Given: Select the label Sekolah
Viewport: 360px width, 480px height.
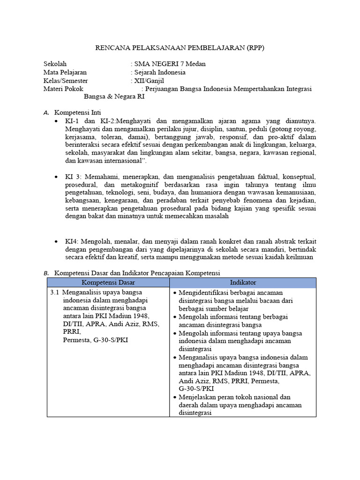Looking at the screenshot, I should pyautogui.click(x=55, y=64).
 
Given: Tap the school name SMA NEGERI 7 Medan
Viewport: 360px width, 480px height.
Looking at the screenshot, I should pyautogui.click(x=170, y=64).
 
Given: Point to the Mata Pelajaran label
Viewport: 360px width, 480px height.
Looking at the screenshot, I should pyautogui.click(x=65, y=72).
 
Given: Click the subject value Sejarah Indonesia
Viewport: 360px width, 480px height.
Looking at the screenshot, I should pyautogui.click(x=160, y=72).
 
